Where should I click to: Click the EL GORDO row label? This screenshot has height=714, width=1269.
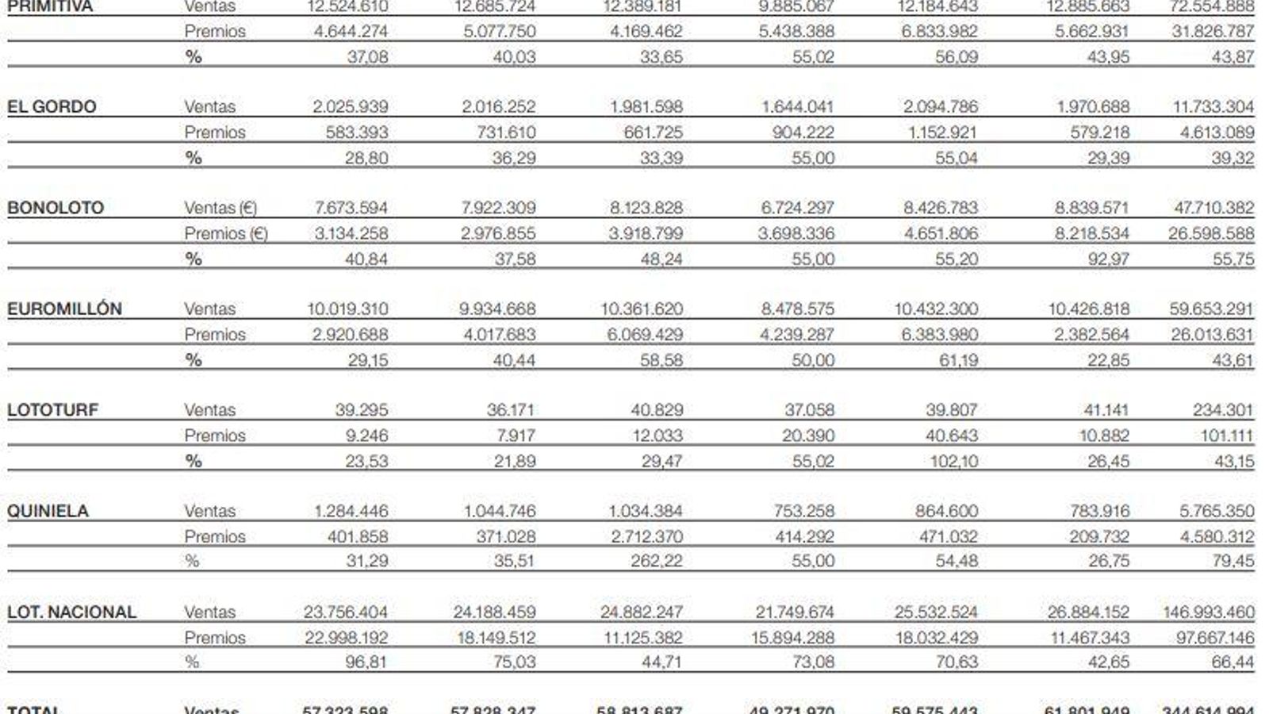[x=52, y=107]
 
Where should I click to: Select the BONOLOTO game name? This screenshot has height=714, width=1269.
[x=56, y=208]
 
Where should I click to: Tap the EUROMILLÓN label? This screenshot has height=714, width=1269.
[x=64, y=309]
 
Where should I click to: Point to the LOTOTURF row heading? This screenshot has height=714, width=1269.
[x=53, y=410]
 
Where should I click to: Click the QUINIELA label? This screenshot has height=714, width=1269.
[x=48, y=511]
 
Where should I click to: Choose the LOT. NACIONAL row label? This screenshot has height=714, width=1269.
[x=71, y=612]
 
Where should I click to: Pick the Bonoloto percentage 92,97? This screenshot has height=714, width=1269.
[x=1108, y=259]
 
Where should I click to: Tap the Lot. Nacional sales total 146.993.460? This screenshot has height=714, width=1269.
[x=1209, y=612]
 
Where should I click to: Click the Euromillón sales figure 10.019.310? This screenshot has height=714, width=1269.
[x=347, y=309]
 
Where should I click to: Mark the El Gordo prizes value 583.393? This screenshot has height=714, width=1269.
[x=357, y=132]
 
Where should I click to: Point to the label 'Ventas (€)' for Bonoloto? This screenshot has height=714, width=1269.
[x=220, y=208]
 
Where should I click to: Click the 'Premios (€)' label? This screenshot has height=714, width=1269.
[x=226, y=233]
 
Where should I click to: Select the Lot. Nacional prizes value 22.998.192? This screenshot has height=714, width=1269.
[x=347, y=637]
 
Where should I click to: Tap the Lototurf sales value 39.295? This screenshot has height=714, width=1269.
[x=362, y=410]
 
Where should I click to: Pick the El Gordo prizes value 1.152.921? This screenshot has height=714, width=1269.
[x=943, y=132]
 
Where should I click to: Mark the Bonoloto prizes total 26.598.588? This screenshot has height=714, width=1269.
[x=1211, y=233]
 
